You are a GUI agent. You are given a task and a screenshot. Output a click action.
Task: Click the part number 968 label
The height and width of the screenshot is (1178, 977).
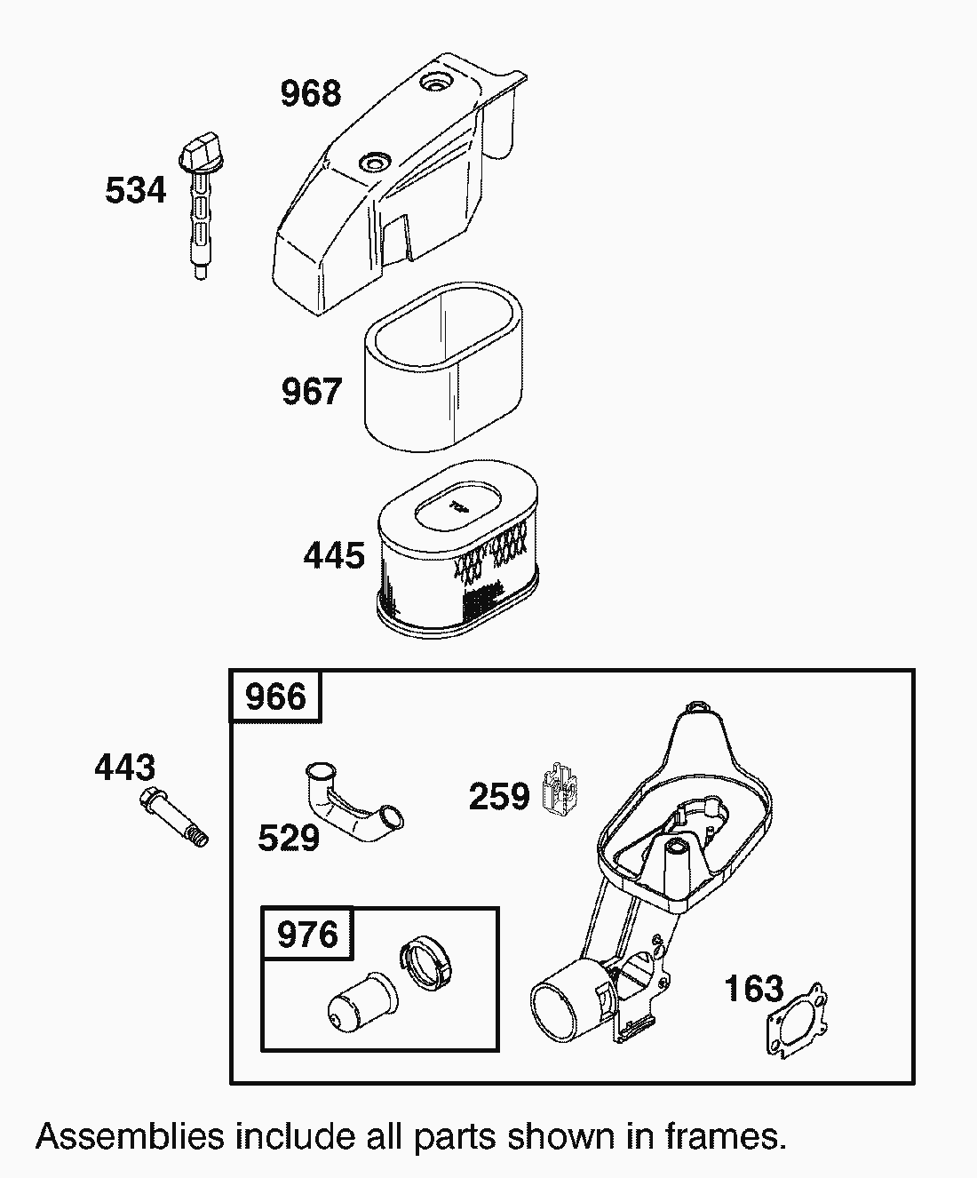pyautogui.click(x=311, y=93)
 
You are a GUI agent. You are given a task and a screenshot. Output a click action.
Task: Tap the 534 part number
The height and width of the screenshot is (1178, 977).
pyautogui.click(x=135, y=190)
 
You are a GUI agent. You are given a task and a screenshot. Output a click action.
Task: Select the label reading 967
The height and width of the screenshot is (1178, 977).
pyautogui.click(x=311, y=392)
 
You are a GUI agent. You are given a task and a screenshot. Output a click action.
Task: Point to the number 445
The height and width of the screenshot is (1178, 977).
pyautogui.click(x=334, y=556)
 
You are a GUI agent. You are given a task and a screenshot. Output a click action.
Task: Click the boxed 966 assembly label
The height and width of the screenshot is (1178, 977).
pyautogui.click(x=276, y=697)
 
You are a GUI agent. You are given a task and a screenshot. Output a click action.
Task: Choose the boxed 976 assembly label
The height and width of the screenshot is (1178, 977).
pyautogui.click(x=307, y=935)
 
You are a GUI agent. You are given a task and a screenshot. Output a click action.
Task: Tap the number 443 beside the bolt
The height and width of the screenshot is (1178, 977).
pyautogui.click(x=125, y=768)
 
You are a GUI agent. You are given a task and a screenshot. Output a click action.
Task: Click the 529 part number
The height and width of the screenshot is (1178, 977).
pyautogui.click(x=289, y=838)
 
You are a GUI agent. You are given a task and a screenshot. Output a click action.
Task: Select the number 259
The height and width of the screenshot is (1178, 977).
pyautogui.click(x=499, y=797)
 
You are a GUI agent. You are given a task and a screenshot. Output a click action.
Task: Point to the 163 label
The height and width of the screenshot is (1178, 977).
pyautogui.click(x=754, y=989)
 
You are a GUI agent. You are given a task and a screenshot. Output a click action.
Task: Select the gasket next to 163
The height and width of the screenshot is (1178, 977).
pyautogui.click(x=798, y=1022)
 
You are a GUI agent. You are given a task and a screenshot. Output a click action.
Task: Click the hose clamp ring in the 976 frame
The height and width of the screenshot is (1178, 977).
pyautogui.click(x=431, y=964)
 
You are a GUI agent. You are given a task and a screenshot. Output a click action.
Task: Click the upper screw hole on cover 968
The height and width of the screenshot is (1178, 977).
pyautogui.click(x=438, y=83)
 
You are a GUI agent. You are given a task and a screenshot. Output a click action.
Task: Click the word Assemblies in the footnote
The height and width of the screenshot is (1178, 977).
pyautogui.click(x=130, y=1136)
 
